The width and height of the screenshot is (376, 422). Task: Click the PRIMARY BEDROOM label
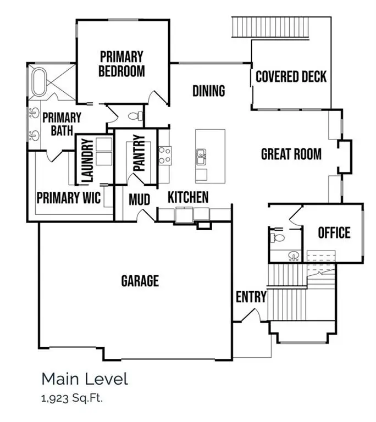coord(121,64)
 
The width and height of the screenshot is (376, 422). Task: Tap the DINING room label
coord(208,91)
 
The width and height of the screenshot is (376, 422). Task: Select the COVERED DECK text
coord(291,76)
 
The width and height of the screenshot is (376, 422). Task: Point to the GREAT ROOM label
coord(291,154)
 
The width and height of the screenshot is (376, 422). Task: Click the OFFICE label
coord(334,232)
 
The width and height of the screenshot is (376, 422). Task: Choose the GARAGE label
coord(140,281)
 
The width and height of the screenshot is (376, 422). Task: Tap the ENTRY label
coord(251,297)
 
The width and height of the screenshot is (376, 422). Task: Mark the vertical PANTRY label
coord(139,153)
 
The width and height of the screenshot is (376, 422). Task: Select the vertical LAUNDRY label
coord(86,160)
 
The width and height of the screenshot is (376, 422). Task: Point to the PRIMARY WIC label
coord(69,197)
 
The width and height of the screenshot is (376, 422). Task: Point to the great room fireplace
coord(344,157)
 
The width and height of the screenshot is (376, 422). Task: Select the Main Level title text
coord(84,379)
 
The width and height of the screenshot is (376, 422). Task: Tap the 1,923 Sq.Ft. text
coord(72,398)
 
